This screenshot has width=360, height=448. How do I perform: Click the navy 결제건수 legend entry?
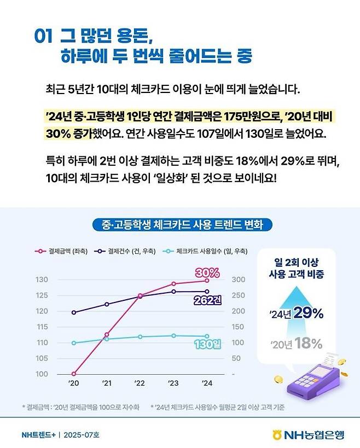click(126, 251)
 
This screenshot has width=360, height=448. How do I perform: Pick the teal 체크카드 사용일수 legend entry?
click(205, 251)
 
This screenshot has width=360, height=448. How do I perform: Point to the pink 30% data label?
click(207, 272)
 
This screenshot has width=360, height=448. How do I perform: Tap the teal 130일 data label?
click(207, 344)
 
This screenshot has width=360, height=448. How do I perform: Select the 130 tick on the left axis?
click(42, 280)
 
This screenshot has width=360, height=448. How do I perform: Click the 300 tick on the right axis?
click(239, 280)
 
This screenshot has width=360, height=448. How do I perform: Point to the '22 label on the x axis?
click(140, 383)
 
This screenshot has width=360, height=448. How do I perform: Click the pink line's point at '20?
click(73, 374)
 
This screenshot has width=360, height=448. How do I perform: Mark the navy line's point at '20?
click(73, 313)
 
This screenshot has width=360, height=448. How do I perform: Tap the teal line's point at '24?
click(206, 336)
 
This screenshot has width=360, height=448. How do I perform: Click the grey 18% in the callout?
click(309, 344)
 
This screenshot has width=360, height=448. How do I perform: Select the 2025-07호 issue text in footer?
click(82, 435)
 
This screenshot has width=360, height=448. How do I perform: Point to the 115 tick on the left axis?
click(42, 327)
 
